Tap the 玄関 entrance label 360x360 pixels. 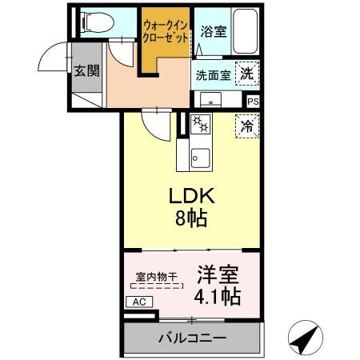tap(86, 70)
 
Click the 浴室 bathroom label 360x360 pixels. tap(212, 33)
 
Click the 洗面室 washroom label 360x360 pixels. tap(213, 75)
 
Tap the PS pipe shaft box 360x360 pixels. tap(253, 102)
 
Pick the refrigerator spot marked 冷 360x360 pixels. tap(248, 126)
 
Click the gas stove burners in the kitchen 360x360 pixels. tap(199, 126)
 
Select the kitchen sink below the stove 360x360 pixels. tap(198, 155)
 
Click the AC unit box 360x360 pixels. tap(137, 302)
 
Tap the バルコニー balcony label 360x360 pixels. tap(192, 338)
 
